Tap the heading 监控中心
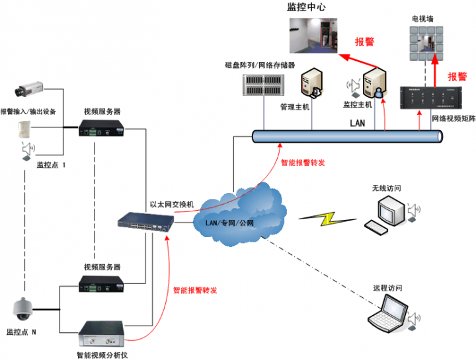[306, 7]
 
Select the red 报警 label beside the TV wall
[457, 76]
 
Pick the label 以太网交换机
[171, 205]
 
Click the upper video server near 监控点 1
[101, 128]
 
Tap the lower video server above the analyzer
[101, 285]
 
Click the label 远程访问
[387, 289]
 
